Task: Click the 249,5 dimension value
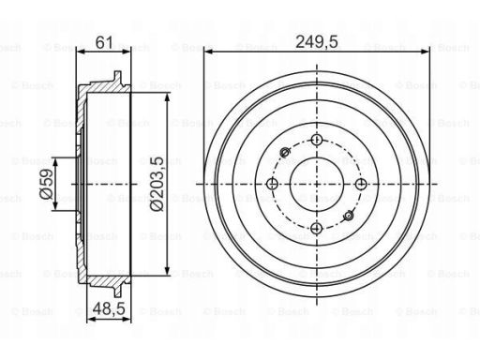click(x=317, y=42)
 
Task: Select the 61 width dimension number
click(x=104, y=42)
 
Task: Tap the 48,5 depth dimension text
click(x=109, y=308)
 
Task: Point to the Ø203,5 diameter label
click(x=157, y=184)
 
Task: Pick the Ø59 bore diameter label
click(x=46, y=184)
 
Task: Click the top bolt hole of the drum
click(x=317, y=140)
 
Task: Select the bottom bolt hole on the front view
click(x=317, y=228)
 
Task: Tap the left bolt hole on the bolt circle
click(x=273, y=184)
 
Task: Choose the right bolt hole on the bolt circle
click(x=361, y=184)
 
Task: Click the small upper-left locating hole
click(x=285, y=152)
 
